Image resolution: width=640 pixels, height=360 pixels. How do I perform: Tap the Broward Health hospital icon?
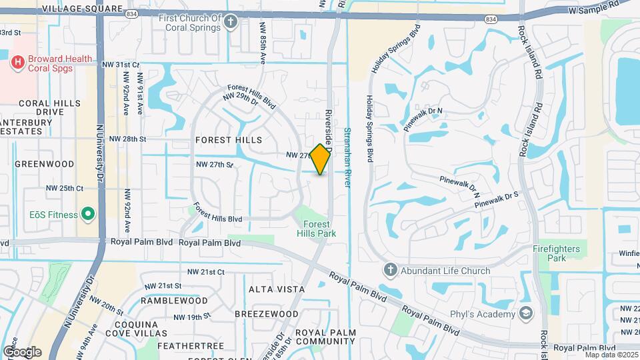coord(19,63)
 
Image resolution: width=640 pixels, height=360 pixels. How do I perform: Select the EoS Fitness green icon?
coord(87,214)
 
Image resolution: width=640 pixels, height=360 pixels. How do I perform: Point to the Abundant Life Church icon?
coord(390,271)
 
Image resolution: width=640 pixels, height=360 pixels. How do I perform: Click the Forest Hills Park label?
coord(316,229)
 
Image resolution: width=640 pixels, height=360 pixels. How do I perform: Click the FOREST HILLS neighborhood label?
coord(229,141)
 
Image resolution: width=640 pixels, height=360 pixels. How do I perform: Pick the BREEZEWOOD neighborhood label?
coord(267,314)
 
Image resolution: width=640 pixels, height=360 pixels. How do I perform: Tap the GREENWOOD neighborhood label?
coord(44,163)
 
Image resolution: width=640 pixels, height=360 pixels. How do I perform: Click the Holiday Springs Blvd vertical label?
coord(369,128)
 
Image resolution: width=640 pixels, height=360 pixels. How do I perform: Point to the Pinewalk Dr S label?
coord(497,198)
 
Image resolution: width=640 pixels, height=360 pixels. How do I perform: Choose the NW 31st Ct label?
coord(121,65)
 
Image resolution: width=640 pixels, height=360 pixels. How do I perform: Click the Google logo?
coord(22,351)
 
